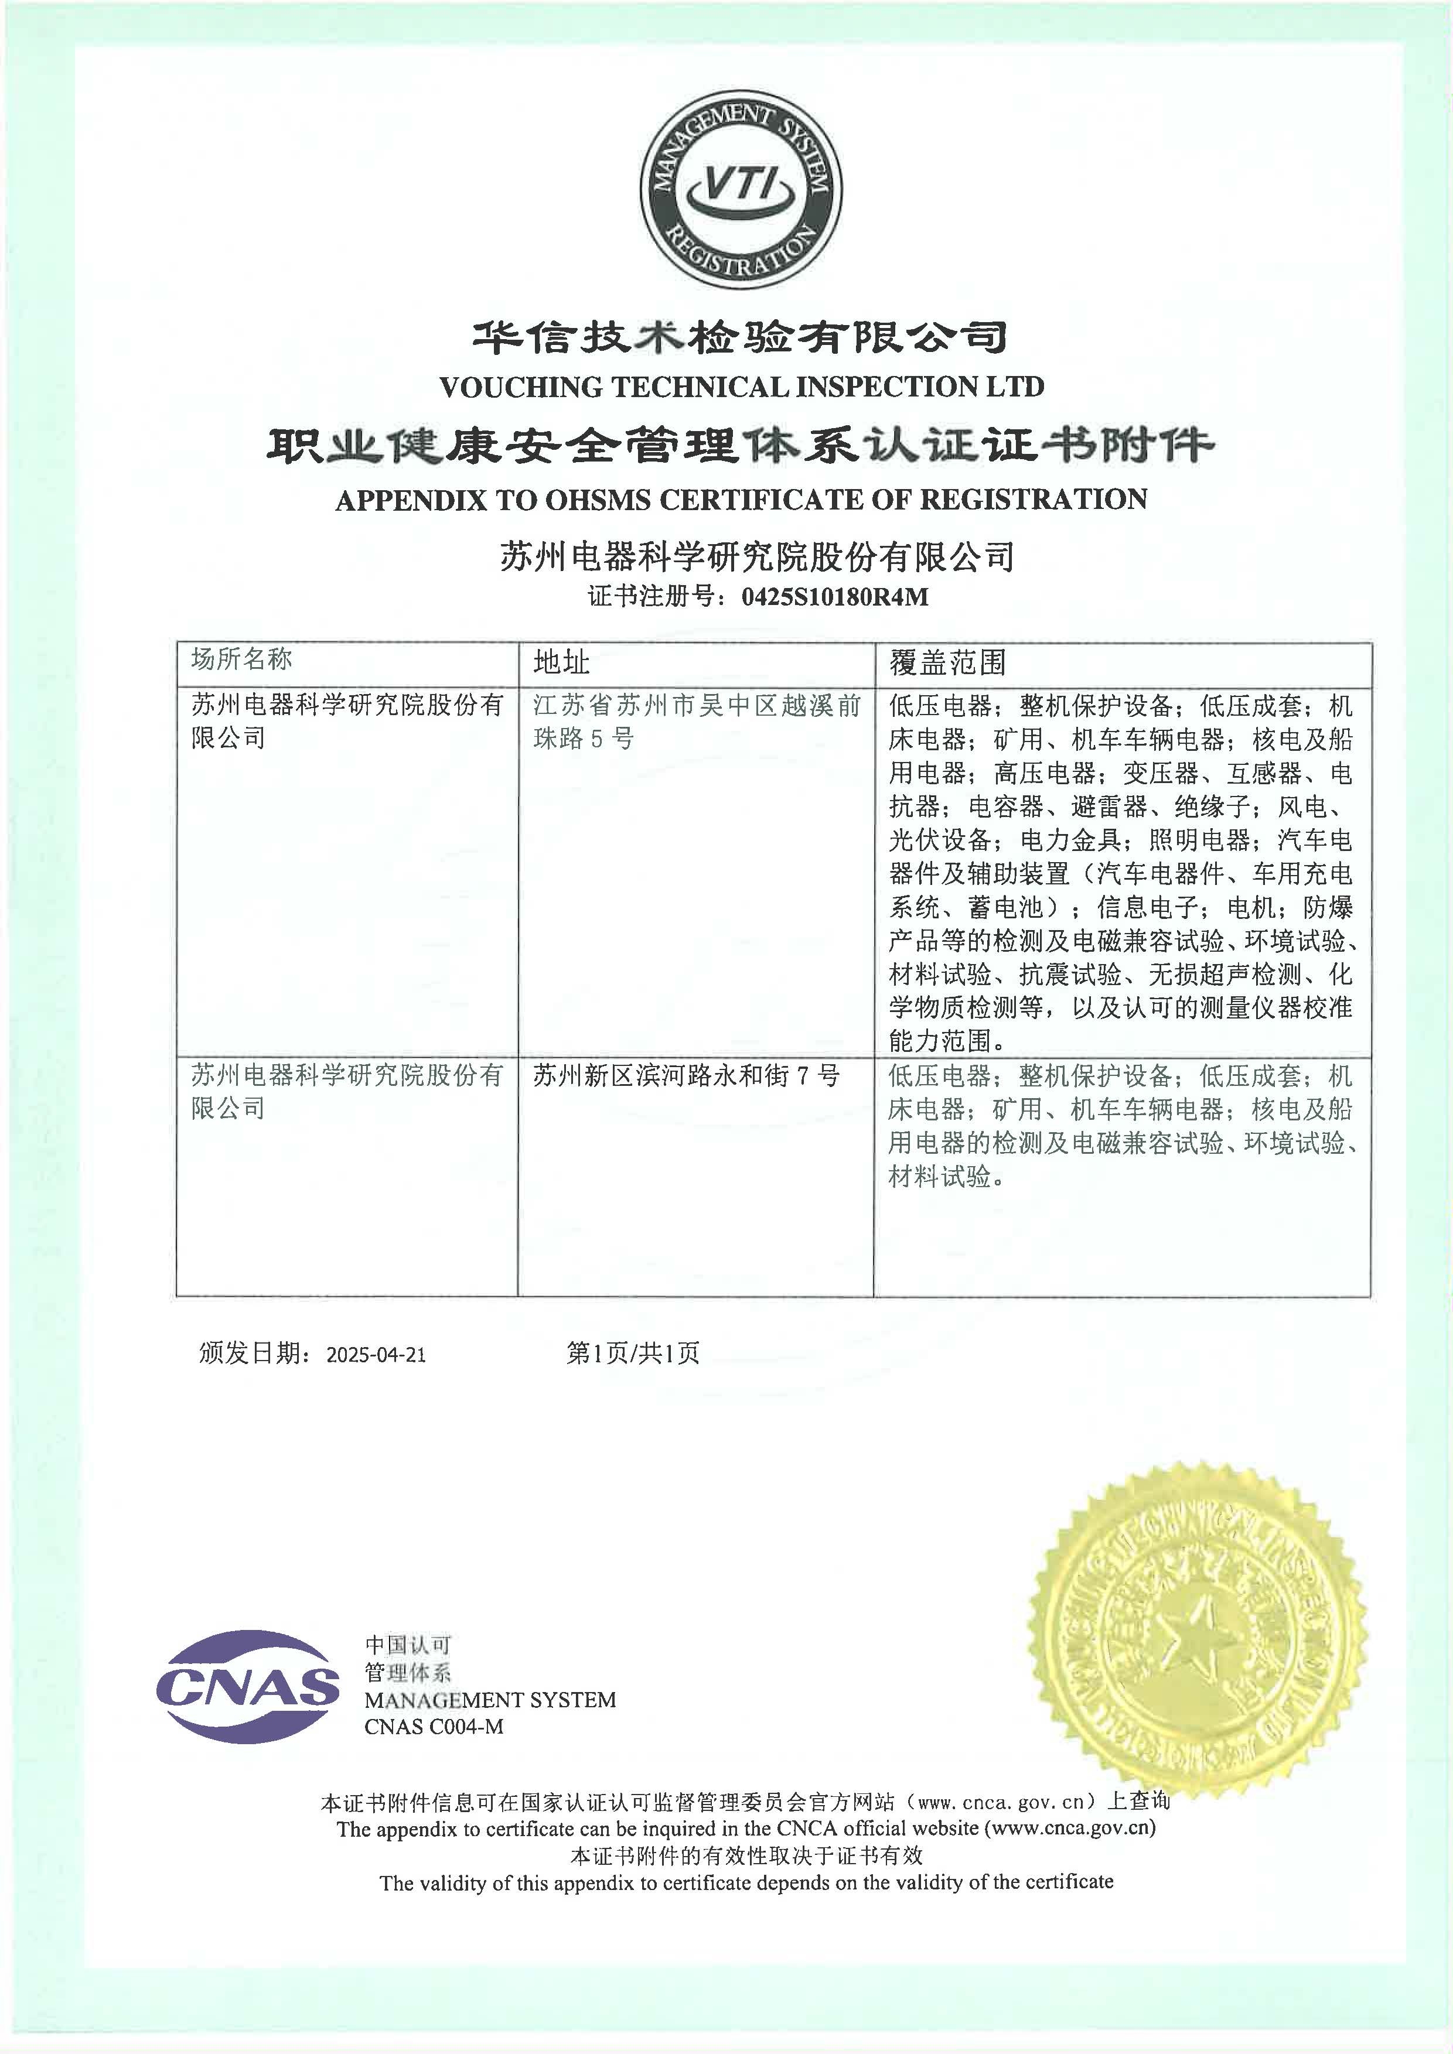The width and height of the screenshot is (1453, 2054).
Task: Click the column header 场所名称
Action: [241, 659]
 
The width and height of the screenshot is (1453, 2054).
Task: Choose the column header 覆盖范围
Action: [947, 662]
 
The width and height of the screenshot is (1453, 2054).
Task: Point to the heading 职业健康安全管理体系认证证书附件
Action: [740, 445]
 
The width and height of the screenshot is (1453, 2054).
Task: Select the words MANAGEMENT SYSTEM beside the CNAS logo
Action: [489, 1700]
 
